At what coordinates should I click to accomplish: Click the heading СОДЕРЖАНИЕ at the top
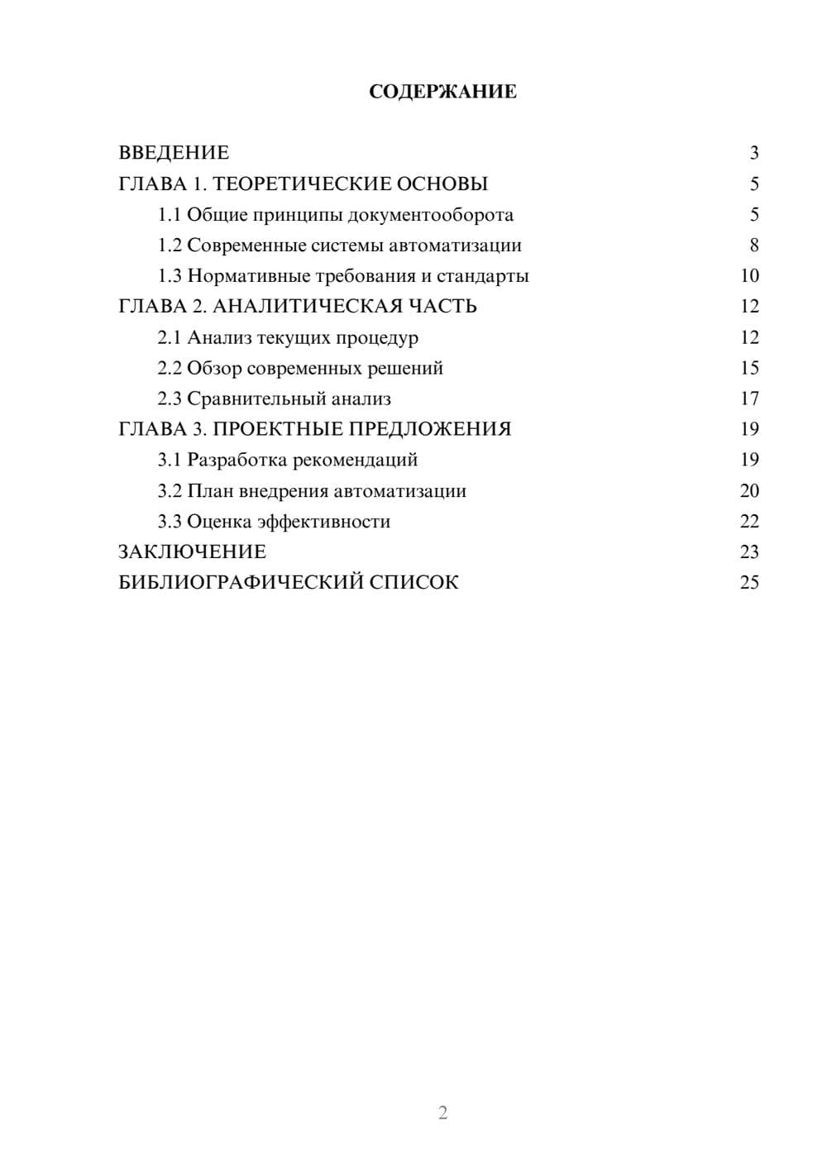tap(442, 92)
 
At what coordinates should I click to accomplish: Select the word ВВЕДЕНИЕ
tap(174, 153)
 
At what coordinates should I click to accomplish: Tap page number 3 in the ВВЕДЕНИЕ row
tap(753, 153)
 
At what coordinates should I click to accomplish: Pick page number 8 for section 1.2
tap(753, 246)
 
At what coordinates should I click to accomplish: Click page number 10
tap(749, 276)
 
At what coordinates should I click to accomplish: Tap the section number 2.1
tap(169, 337)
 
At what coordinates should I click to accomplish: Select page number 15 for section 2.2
tap(749, 368)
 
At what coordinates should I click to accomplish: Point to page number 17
tap(749, 398)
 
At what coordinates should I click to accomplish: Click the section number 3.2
tap(169, 491)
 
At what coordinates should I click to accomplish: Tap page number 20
tap(749, 491)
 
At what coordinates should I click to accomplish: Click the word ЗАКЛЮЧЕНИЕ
tap(192, 552)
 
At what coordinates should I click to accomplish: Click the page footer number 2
tap(442, 1113)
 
